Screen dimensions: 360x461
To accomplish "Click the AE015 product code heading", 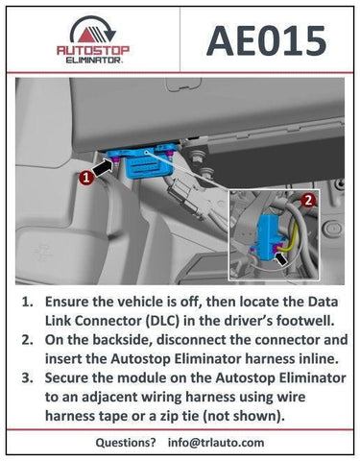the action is click(x=267, y=41).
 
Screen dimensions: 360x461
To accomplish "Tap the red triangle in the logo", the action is click(x=87, y=36).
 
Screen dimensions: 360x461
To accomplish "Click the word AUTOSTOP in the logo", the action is click(x=93, y=50).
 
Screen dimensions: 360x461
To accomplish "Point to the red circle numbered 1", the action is click(x=86, y=178).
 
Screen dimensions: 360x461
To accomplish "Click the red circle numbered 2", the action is click(x=308, y=201).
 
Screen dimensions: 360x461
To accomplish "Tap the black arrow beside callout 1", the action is click(x=103, y=168).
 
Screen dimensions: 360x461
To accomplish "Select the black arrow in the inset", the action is click(x=280, y=257).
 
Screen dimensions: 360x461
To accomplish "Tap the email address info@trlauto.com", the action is click(x=216, y=443).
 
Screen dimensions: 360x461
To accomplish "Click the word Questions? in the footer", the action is click(x=126, y=443).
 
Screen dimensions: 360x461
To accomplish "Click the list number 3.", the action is click(x=26, y=377).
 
